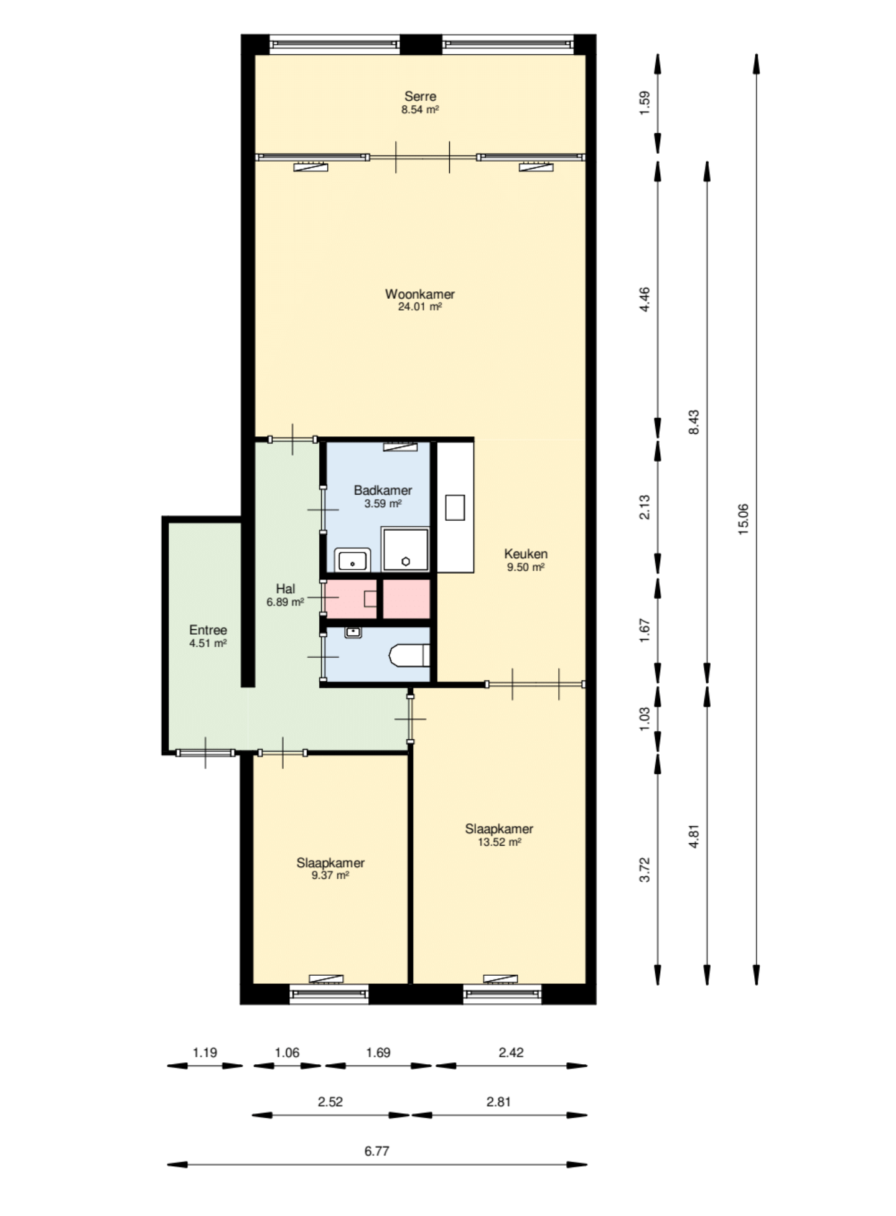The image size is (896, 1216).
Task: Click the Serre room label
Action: click(420, 96)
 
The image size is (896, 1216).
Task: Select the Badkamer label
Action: click(383, 490)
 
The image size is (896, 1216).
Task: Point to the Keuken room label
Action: click(526, 554)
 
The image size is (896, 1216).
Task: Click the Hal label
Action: click(286, 589)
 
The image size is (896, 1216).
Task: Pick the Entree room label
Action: click(208, 630)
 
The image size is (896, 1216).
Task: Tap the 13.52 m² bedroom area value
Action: click(499, 843)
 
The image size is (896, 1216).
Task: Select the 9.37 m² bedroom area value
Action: click(330, 876)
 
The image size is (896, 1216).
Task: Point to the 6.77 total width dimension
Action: click(376, 1151)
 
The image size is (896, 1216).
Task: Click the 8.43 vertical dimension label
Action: click(694, 422)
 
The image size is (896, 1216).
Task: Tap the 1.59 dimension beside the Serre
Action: click(644, 103)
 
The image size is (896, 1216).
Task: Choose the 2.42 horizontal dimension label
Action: click(511, 1053)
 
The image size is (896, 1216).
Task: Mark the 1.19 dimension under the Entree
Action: click(205, 1053)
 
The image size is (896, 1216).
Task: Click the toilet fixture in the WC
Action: click(409, 655)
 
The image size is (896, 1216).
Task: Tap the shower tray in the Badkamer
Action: click(406, 549)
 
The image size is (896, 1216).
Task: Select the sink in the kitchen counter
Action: click(455, 507)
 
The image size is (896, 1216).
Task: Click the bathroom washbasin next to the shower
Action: click(353, 560)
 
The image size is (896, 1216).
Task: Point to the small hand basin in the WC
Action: click(353, 633)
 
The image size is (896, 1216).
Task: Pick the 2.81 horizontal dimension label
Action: click(498, 1102)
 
